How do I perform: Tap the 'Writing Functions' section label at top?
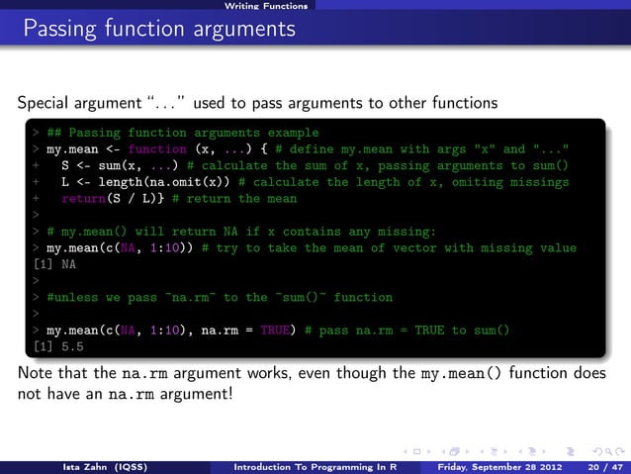click(x=265, y=6)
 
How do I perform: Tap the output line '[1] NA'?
click(x=49, y=264)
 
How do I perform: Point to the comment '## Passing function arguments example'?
click(x=182, y=132)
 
